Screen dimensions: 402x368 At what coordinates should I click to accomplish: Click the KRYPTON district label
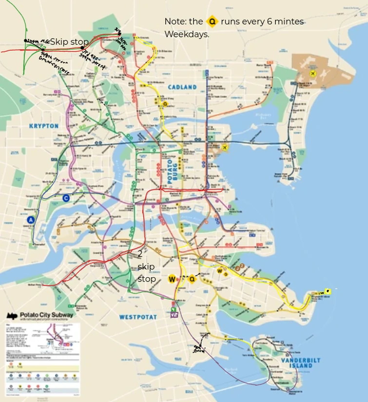[x=44, y=126]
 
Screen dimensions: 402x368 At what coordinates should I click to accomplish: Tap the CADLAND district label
[x=182, y=87]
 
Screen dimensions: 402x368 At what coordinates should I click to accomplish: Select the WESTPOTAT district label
[x=138, y=317]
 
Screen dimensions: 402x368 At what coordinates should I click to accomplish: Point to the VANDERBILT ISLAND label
[x=301, y=363]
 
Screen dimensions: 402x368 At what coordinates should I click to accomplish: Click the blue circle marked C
[x=66, y=198]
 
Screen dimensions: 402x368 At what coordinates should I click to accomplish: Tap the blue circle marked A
[x=31, y=220]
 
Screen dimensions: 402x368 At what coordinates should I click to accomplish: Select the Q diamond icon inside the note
[x=212, y=22]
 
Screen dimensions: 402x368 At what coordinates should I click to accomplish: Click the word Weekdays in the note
[x=187, y=35]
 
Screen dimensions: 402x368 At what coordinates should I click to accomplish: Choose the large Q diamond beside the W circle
[x=192, y=279]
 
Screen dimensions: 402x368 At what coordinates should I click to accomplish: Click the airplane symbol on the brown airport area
[x=312, y=74]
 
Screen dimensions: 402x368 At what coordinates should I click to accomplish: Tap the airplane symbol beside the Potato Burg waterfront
[x=225, y=147]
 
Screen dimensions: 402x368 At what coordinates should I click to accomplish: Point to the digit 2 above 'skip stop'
[x=140, y=254]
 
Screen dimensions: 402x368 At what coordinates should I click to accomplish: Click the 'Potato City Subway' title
[x=47, y=315]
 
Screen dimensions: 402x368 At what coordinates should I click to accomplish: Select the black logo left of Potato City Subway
[x=12, y=316]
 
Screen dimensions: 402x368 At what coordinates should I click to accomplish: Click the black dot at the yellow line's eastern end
[x=328, y=291]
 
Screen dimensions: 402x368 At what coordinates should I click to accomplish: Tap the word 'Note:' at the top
[x=176, y=22]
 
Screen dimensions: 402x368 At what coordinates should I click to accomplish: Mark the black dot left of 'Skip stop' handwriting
[x=26, y=40]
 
